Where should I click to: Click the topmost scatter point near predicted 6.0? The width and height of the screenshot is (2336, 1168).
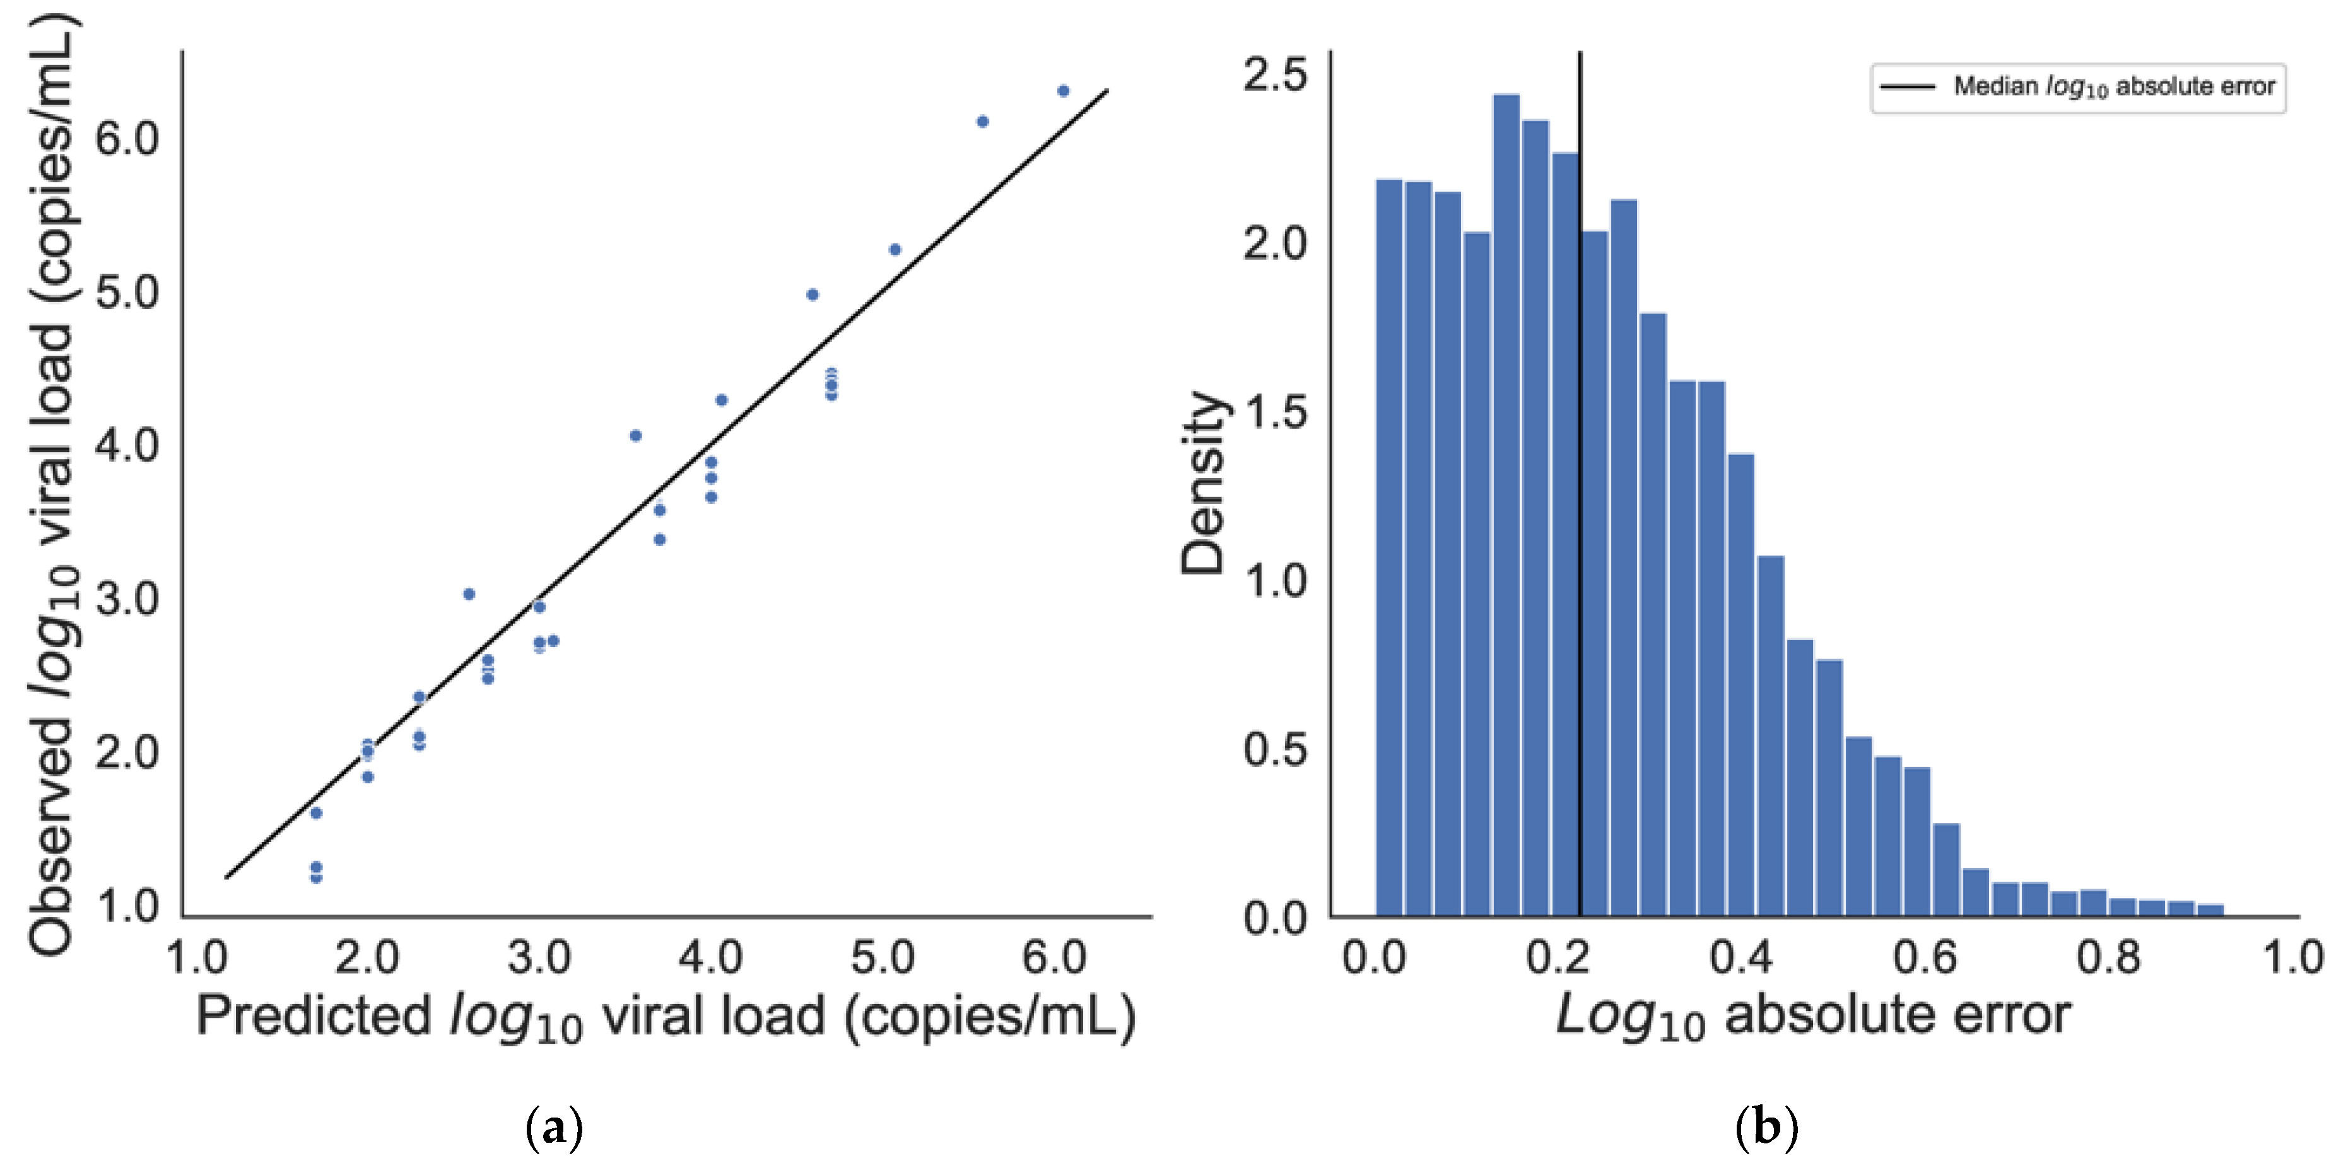pos(1063,91)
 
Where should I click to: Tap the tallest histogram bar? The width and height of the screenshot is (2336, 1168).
pos(1506,508)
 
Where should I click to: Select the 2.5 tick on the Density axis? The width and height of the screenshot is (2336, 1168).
pos(1275,75)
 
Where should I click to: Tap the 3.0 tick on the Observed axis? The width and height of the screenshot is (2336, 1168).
pos(127,599)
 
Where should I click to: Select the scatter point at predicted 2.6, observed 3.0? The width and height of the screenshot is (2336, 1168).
pos(469,595)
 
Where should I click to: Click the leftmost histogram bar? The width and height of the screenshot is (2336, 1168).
pos(1389,549)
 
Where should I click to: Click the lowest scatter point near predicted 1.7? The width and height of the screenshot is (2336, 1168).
pos(317,878)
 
